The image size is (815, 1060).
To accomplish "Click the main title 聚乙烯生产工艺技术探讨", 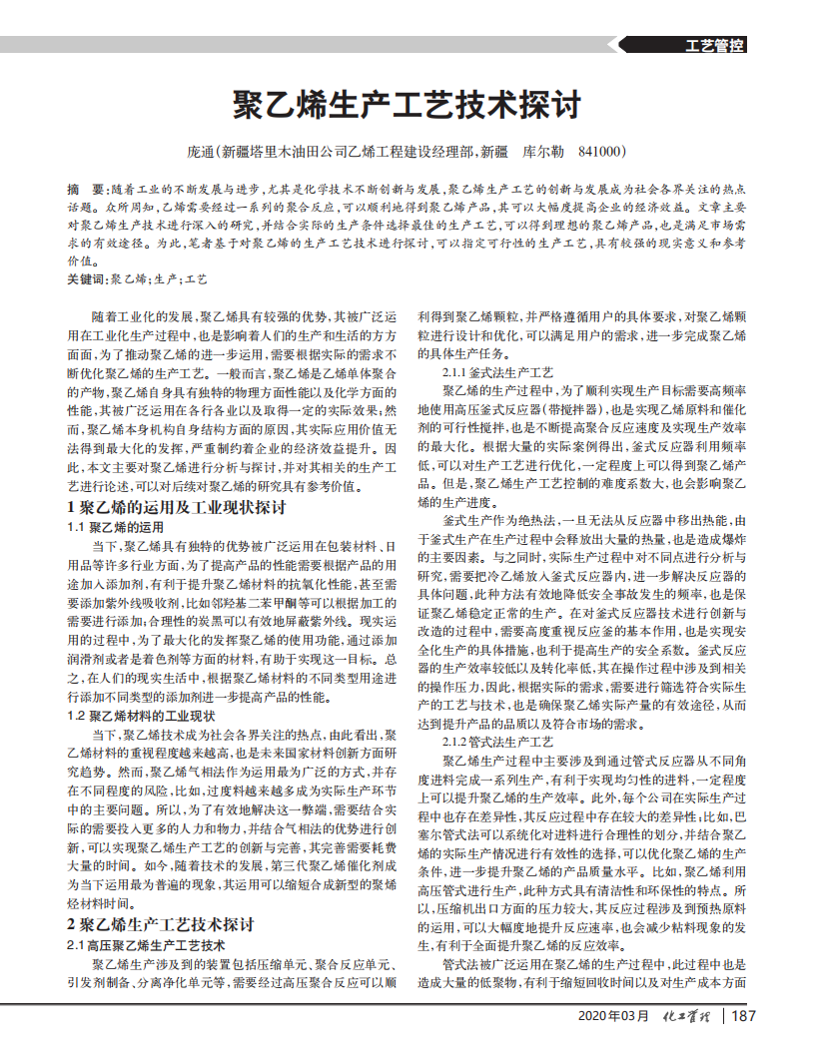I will coord(407,103).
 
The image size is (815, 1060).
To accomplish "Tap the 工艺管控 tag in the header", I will coord(716,45).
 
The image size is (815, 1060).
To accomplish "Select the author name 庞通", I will coord(200,152).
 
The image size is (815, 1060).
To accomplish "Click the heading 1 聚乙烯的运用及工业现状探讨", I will coord(176,508).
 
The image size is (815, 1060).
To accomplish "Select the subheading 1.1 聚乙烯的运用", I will coord(114,526).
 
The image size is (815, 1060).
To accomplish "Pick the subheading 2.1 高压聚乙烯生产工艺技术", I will coord(146,943).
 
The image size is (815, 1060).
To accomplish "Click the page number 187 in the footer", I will coord(744,1016).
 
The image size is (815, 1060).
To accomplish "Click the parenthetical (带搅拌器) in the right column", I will coord(578,408).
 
